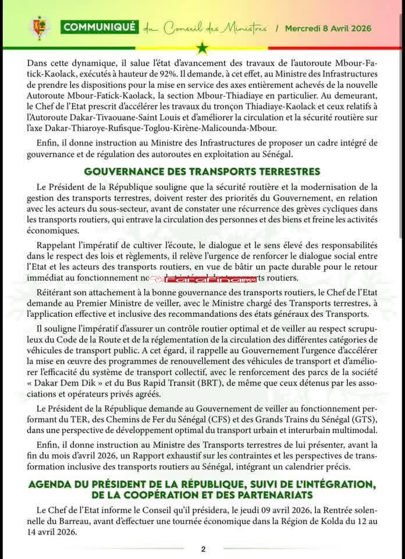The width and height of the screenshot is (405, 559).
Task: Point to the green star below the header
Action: click(202, 48)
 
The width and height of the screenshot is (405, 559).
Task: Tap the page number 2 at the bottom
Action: click(203, 549)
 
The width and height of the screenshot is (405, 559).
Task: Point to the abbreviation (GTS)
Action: click(365, 420)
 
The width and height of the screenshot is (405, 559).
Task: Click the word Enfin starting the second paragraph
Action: click(48, 143)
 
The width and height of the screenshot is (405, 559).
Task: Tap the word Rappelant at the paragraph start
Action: click(58, 245)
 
